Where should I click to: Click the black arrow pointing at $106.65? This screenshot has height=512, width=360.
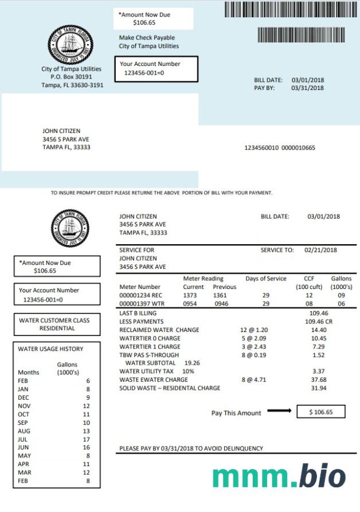280,411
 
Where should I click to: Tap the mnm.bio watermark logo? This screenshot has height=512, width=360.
279,476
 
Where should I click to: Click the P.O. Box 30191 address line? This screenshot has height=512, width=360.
71,77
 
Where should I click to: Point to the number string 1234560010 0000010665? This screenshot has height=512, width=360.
280,148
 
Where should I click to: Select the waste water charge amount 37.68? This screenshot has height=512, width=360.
318,380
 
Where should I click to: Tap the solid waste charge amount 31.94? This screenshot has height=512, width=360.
318,388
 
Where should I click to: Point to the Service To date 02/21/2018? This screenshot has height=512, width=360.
321,250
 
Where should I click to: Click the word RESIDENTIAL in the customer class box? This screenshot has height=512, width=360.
57,329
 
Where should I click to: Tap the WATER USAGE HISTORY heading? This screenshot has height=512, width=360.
50,349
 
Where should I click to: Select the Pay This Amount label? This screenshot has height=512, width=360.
236,413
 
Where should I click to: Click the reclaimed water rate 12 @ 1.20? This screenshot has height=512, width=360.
255,330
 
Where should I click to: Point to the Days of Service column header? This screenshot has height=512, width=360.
266,279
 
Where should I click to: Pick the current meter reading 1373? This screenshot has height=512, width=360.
190,295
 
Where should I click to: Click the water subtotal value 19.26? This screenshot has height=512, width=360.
192,363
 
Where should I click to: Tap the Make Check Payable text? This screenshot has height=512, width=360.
147,38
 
